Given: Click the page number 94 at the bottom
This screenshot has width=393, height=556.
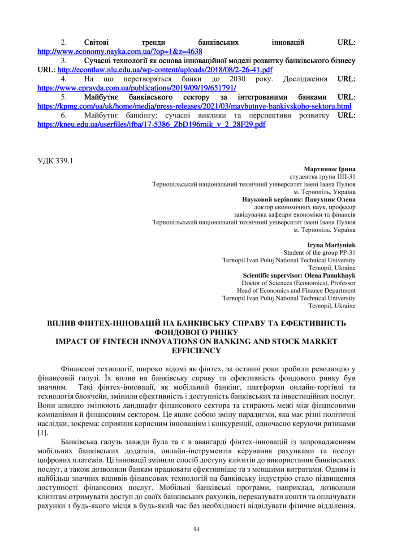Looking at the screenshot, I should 196,530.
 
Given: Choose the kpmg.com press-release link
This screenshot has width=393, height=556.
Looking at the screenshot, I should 194,107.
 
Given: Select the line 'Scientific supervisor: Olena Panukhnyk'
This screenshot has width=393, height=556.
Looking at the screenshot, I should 299,275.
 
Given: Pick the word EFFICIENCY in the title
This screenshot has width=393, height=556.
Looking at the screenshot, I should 196,350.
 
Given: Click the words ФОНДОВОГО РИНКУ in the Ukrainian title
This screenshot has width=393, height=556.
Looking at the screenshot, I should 196,332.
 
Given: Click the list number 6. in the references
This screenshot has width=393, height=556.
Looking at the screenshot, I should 64,116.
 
